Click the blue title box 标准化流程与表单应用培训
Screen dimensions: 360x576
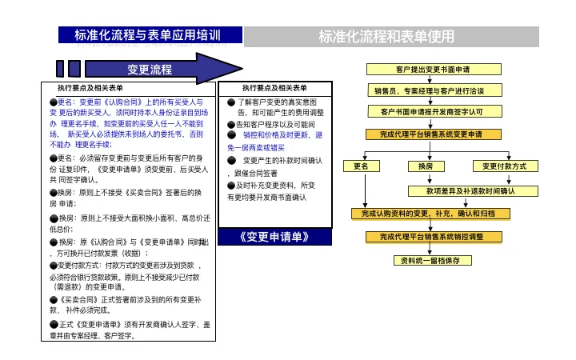148,35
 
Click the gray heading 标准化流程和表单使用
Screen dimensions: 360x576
386,36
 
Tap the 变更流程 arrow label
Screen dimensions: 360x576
150,70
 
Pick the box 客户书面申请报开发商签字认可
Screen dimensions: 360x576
432,110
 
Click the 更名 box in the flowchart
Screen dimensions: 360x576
362,166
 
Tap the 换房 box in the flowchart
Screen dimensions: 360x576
426,166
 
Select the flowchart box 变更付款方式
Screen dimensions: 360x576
504,166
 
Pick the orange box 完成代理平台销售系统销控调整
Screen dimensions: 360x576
432,237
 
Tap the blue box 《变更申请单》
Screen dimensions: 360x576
274,238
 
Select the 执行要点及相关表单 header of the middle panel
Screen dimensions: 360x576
274,87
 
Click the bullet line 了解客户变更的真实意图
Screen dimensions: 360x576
274,102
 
